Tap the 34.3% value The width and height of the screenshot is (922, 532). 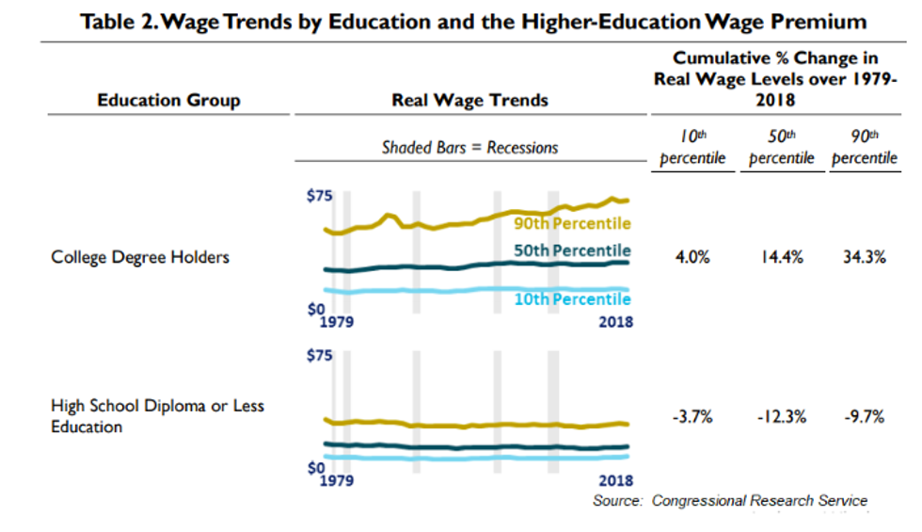(864, 257)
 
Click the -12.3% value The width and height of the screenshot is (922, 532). (780, 417)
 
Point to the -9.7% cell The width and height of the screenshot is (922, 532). (863, 417)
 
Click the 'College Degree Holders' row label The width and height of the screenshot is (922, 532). (140, 256)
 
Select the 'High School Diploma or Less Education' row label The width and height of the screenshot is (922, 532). (157, 416)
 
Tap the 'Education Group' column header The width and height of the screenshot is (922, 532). (168, 100)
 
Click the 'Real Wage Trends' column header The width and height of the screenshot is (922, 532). (469, 100)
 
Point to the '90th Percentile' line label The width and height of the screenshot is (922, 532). (572, 223)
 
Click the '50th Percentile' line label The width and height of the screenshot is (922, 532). (572, 250)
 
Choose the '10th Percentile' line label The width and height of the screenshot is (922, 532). (572, 298)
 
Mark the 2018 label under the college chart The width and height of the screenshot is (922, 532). (616, 322)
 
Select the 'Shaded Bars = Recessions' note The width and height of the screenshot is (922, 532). (469, 147)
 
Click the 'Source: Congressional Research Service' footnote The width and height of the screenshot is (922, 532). (730, 500)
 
